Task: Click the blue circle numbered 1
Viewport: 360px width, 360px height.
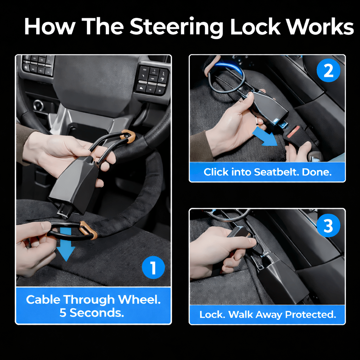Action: pyautogui.click(x=153, y=268)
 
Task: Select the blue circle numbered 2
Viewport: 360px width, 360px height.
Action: pyautogui.click(x=328, y=70)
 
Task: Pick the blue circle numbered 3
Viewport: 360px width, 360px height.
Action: pyautogui.click(x=328, y=225)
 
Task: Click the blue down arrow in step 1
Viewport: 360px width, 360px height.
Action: pyautogui.click(x=66, y=245)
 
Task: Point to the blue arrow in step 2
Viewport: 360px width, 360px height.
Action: pyautogui.click(x=265, y=137)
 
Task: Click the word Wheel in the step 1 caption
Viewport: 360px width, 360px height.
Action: pyautogui.click(x=139, y=300)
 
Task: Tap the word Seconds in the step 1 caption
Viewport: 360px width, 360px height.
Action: pyautogui.click(x=97, y=313)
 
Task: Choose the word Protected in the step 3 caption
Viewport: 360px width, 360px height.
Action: pyautogui.click(x=310, y=315)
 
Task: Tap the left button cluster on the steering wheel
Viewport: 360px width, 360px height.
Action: pyautogui.click(x=38, y=65)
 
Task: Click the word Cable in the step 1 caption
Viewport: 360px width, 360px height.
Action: pyautogui.click(x=43, y=300)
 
